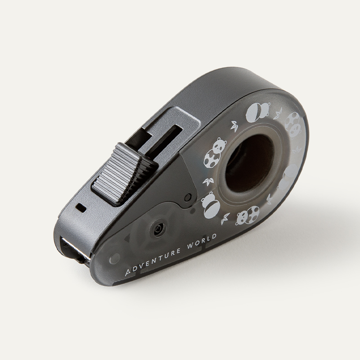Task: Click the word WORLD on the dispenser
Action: tap(202, 242)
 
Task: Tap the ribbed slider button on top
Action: tap(124, 174)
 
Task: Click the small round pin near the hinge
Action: tap(188, 197)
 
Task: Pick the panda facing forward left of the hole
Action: tap(215, 153)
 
